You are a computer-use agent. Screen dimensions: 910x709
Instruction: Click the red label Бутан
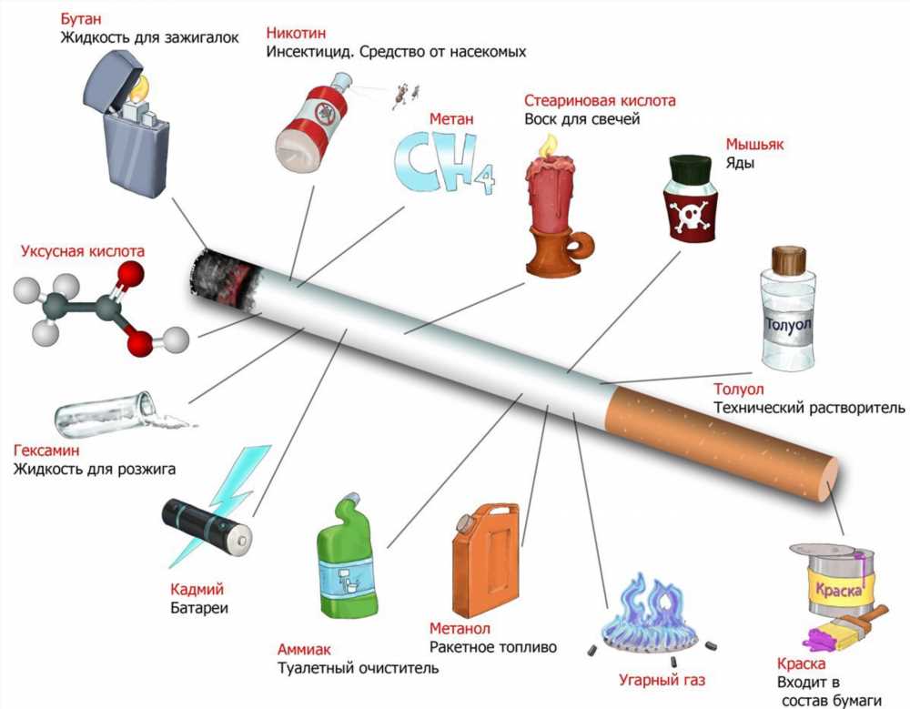click(81, 18)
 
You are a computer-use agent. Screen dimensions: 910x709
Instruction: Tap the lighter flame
click(140, 87)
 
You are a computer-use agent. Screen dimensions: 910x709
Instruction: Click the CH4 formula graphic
click(445, 162)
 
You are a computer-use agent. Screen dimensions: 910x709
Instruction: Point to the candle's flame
click(547, 146)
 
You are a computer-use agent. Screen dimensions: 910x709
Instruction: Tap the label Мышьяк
click(754, 144)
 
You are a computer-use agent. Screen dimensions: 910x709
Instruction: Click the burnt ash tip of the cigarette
click(222, 276)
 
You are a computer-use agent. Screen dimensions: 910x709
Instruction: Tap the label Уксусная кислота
click(83, 251)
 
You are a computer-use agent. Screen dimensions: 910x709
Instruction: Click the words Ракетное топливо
click(492, 647)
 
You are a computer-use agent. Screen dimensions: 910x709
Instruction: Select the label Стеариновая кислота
click(600, 100)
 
